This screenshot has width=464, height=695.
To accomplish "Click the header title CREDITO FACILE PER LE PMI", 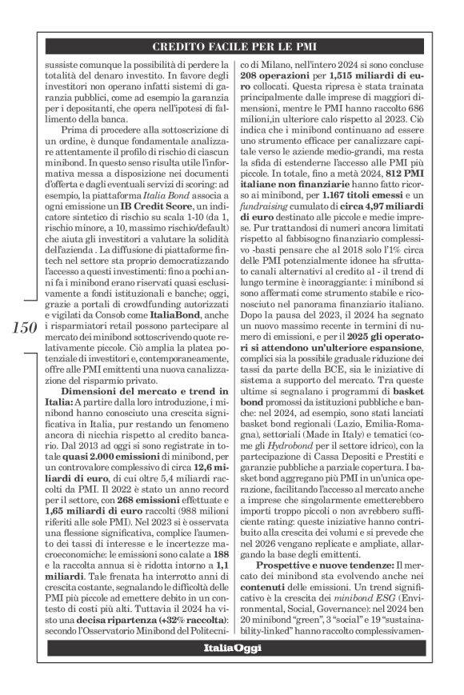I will coord(242,46).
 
